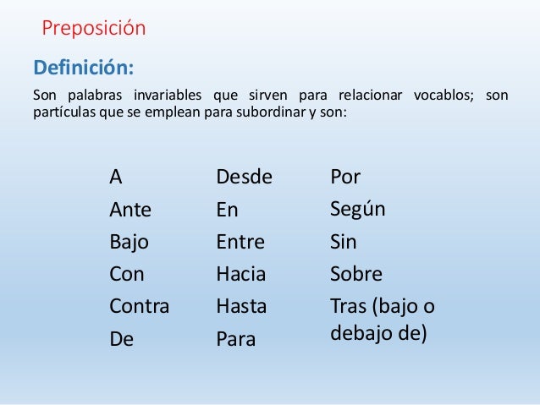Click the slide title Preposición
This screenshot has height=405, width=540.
94,29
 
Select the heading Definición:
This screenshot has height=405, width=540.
83,66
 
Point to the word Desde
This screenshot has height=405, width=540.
245,178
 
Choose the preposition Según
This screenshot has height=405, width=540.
357,209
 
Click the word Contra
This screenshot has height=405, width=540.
139,307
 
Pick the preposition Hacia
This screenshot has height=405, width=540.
241,274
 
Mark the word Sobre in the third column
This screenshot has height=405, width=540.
356,274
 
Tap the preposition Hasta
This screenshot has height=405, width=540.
241,307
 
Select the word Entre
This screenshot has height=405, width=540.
240,243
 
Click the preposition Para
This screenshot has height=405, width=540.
236,340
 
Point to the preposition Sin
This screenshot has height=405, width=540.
344,243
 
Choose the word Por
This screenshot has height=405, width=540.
345,178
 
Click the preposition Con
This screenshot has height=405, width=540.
127,274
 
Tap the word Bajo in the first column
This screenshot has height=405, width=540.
129,243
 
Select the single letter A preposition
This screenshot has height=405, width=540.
116,178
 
